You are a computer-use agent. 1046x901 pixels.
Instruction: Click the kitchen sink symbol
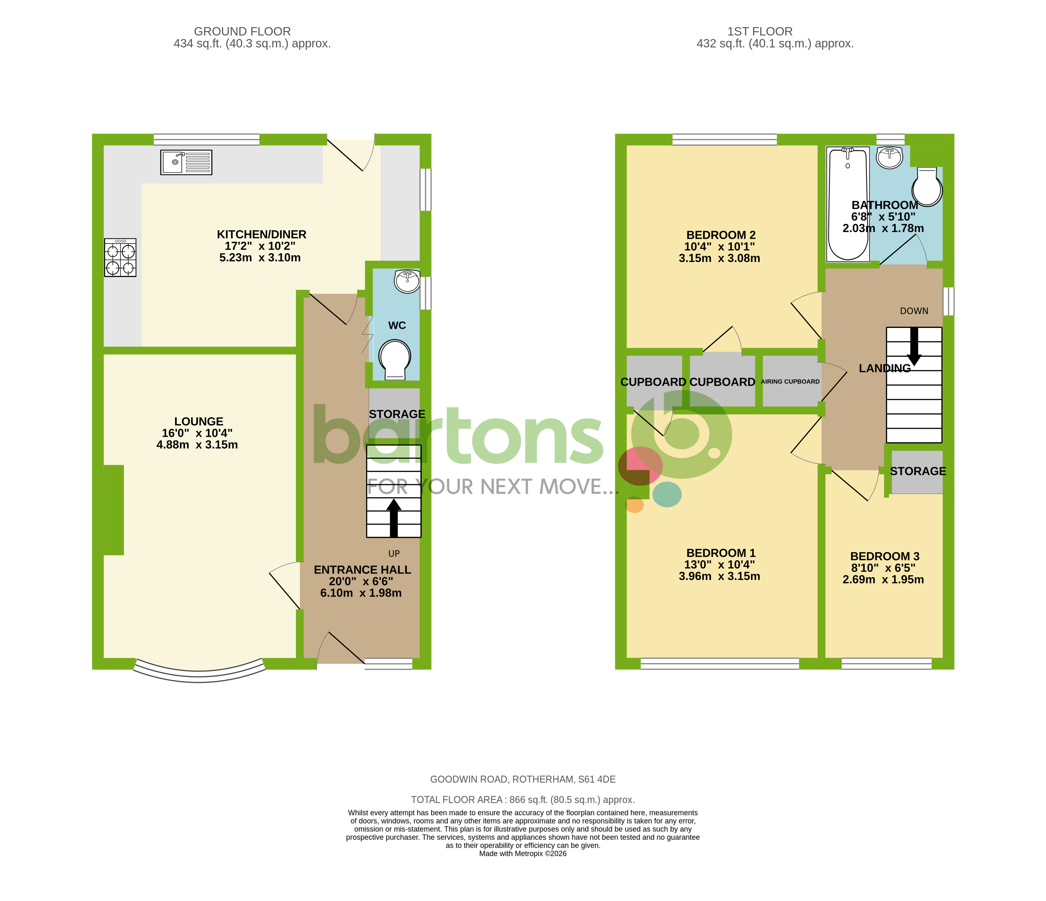tap(186, 163)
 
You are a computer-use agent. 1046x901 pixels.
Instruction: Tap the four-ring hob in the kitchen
tap(120, 257)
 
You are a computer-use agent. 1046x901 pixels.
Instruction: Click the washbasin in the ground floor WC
tap(407, 281)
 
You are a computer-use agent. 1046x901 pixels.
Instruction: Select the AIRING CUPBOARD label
tap(790, 382)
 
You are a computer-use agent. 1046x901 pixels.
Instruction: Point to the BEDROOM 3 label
tap(885, 556)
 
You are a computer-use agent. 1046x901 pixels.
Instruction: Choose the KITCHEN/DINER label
tap(261, 234)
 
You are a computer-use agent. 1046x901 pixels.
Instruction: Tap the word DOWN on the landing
tap(914, 311)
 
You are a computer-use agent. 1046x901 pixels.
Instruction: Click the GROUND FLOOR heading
tap(242, 31)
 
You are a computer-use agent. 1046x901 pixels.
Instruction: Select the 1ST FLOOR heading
tap(760, 31)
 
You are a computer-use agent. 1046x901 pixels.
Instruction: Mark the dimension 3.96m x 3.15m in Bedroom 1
tap(719, 576)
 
